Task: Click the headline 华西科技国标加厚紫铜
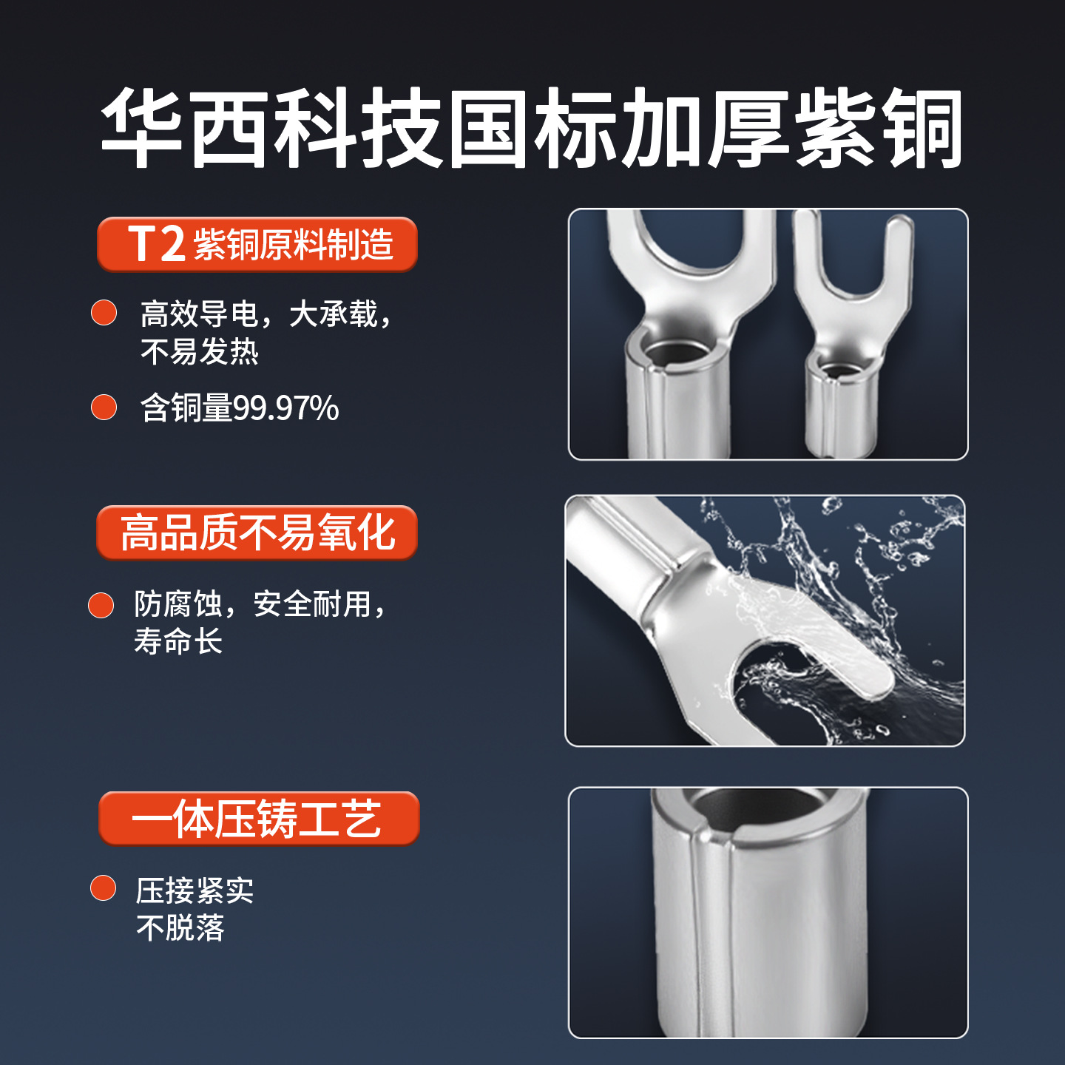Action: click(531, 127)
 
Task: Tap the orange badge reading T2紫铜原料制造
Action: click(257, 245)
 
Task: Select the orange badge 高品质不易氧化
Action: click(257, 532)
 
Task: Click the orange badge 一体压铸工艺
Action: click(258, 819)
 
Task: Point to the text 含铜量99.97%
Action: click(240, 408)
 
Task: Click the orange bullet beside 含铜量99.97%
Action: click(104, 407)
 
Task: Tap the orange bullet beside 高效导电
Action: click(104, 312)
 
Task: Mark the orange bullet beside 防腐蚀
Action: click(101, 605)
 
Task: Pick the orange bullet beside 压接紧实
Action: click(103, 888)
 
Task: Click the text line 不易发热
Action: click(200, 351)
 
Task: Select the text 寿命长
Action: click(178, 641)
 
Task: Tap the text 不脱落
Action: click(180, 927)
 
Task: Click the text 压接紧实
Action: click(195, 890)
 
